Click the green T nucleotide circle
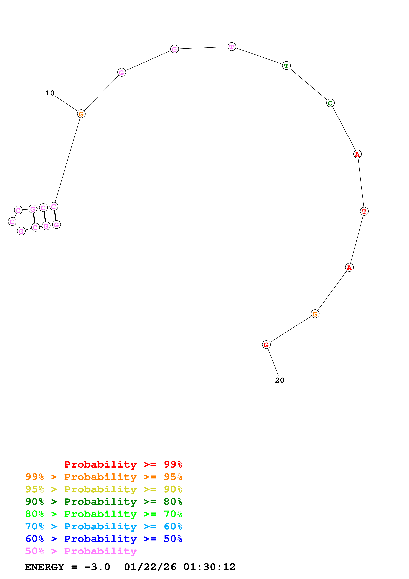click(286, 66)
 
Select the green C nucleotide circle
click(330, 103)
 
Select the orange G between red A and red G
click(315, 314)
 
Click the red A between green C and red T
click(357, 154)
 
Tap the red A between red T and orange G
click(349, 267)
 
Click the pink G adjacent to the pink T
click(174, 49)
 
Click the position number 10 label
click(50, 93)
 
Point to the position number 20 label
click(279, 380)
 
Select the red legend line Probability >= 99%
click(123, 464)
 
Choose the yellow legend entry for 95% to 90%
click(104, 489)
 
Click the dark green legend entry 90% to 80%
click(104, 502)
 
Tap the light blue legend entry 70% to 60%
click(104, 526)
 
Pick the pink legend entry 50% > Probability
click(81, 551)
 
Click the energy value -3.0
click(97, 567)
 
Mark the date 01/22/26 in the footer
click(150, 567)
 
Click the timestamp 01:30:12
click(209, 567)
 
